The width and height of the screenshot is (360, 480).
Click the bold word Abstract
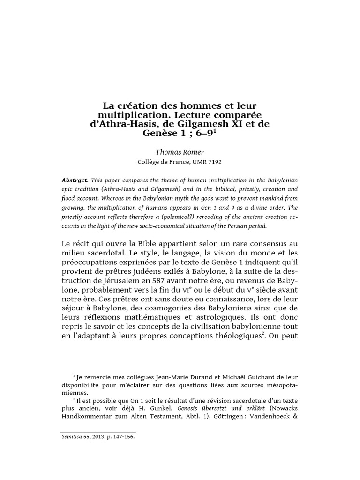pyautogui.click(x=75, y=180)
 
